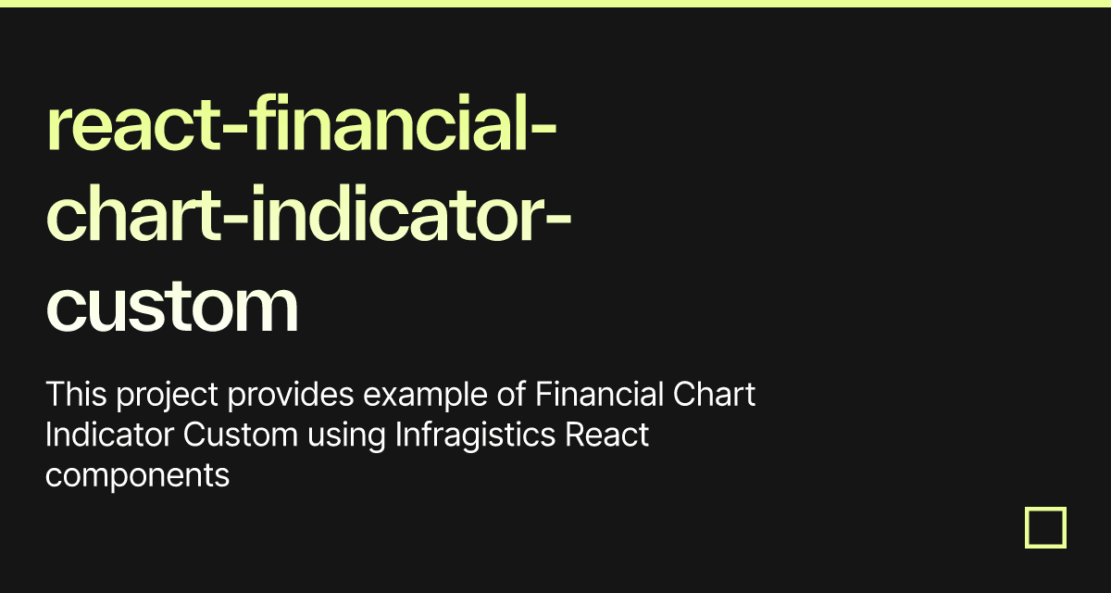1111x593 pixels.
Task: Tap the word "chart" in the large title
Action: [133, 212]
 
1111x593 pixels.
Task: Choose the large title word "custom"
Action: [172, 306]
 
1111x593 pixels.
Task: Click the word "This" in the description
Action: [76, 395]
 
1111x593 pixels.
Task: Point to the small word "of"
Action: [511, 395]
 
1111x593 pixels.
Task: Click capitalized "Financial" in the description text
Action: [599, 395]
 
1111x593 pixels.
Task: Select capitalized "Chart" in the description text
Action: [714, 395]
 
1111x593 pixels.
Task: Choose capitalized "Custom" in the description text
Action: [240, 435]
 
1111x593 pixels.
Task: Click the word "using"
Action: [346, 437]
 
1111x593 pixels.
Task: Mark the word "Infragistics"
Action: [475, 437]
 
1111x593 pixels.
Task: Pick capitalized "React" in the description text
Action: [606, 435]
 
